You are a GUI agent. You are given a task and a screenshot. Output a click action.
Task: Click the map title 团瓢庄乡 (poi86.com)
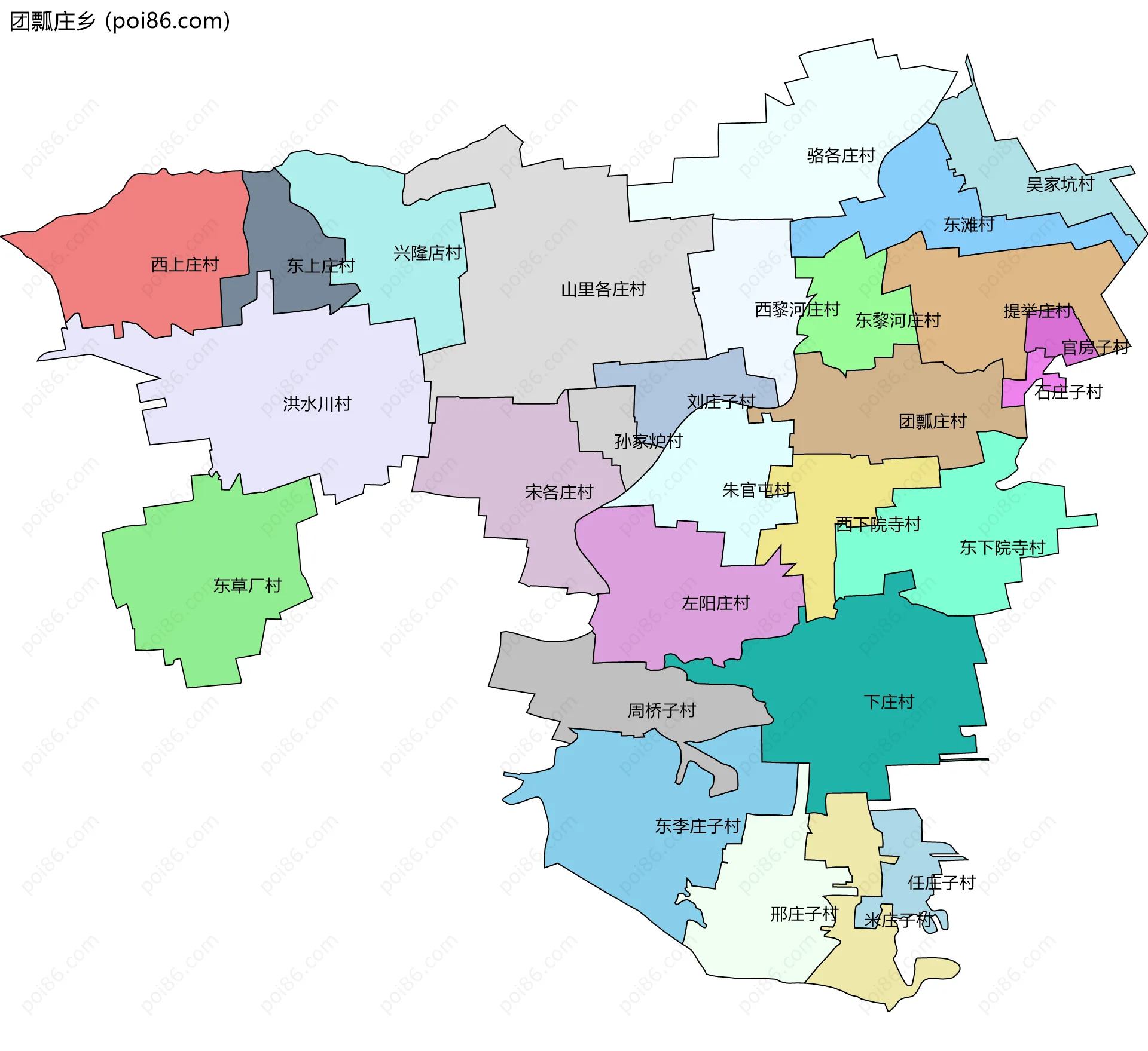point(120,22)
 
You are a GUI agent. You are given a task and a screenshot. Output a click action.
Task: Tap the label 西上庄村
point(185,265)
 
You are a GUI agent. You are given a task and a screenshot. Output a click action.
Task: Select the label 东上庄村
point(320,266)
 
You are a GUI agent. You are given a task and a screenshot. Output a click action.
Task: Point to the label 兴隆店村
point(428,253)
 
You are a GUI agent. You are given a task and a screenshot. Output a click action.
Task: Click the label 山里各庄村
point(603,290)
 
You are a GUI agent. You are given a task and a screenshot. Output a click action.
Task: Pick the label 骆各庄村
point(841,156)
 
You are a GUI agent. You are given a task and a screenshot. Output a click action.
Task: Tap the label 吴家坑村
point(1060,185)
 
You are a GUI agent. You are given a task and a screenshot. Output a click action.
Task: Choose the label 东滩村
point(969,225)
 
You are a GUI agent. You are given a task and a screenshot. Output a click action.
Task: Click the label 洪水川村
point(317,405)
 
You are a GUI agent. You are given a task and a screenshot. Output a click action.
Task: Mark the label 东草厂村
point(248,586)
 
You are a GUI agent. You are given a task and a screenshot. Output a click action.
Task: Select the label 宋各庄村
point(559,492)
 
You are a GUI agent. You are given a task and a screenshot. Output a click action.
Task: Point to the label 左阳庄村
point(716,603)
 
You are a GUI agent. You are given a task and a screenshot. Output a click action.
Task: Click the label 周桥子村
point(662,711)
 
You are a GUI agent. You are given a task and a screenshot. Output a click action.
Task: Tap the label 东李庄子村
point(698,826)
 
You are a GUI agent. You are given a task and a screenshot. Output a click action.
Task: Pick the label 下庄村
point(889,702)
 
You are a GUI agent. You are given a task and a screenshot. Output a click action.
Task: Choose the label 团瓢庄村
point(933,422)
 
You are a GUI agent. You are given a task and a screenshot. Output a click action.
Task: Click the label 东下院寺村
point(1002,548)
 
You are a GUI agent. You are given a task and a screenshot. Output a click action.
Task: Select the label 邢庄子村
point(804,914)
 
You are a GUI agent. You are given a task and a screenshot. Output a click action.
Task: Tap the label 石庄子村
point(1068,393)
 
